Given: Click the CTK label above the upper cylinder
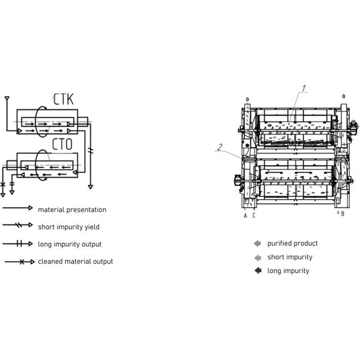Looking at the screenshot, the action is pyautogui.click(x=64, y=99).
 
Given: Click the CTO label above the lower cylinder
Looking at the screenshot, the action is pyautogui.click(x=62, y=144).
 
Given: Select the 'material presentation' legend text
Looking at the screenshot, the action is pyautogui.click(x=72, y=209).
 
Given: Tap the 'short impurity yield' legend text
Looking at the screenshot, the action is pyautogui.click(x=68, y=227).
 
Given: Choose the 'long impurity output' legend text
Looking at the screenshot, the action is pyautogui.click(x=70, y=244).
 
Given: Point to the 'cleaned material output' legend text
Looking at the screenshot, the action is pyautogui.click(x=76, y=261).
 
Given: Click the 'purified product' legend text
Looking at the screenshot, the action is pyautogui.click(x=293, y=244).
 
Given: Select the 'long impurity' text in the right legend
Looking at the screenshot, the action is pyautogui.click(x=288, y=271).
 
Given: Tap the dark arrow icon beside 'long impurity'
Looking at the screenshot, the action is pyautogui.click(x=258, y=271).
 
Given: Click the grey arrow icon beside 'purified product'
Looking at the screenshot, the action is pyautogui.click(x=257, y=244).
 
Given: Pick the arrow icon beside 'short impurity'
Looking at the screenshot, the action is pyautogui.click(x=258, y=257).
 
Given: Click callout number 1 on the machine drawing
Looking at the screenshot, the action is pyautogui.click(x=304, y=88).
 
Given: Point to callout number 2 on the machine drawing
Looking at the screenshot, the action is pyautogui.click(x=220, y=147).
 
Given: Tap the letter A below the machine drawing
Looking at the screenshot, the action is pyautogui.click(x=245, y=216).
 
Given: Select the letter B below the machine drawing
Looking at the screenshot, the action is pyautogui.click(x=343, y=214).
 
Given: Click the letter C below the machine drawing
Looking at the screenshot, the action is pyautogui.click(x=254, y=215).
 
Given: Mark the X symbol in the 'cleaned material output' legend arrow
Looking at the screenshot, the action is pyautogui.click(x=22, y=262).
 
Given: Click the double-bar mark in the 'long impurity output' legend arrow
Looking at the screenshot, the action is pyautogui.click(x=20, y=244).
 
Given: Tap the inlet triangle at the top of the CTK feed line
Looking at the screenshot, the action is pyautogui.click(x=7, y=98).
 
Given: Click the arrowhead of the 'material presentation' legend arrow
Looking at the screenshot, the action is pyautogui.click(x=31, y=208).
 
